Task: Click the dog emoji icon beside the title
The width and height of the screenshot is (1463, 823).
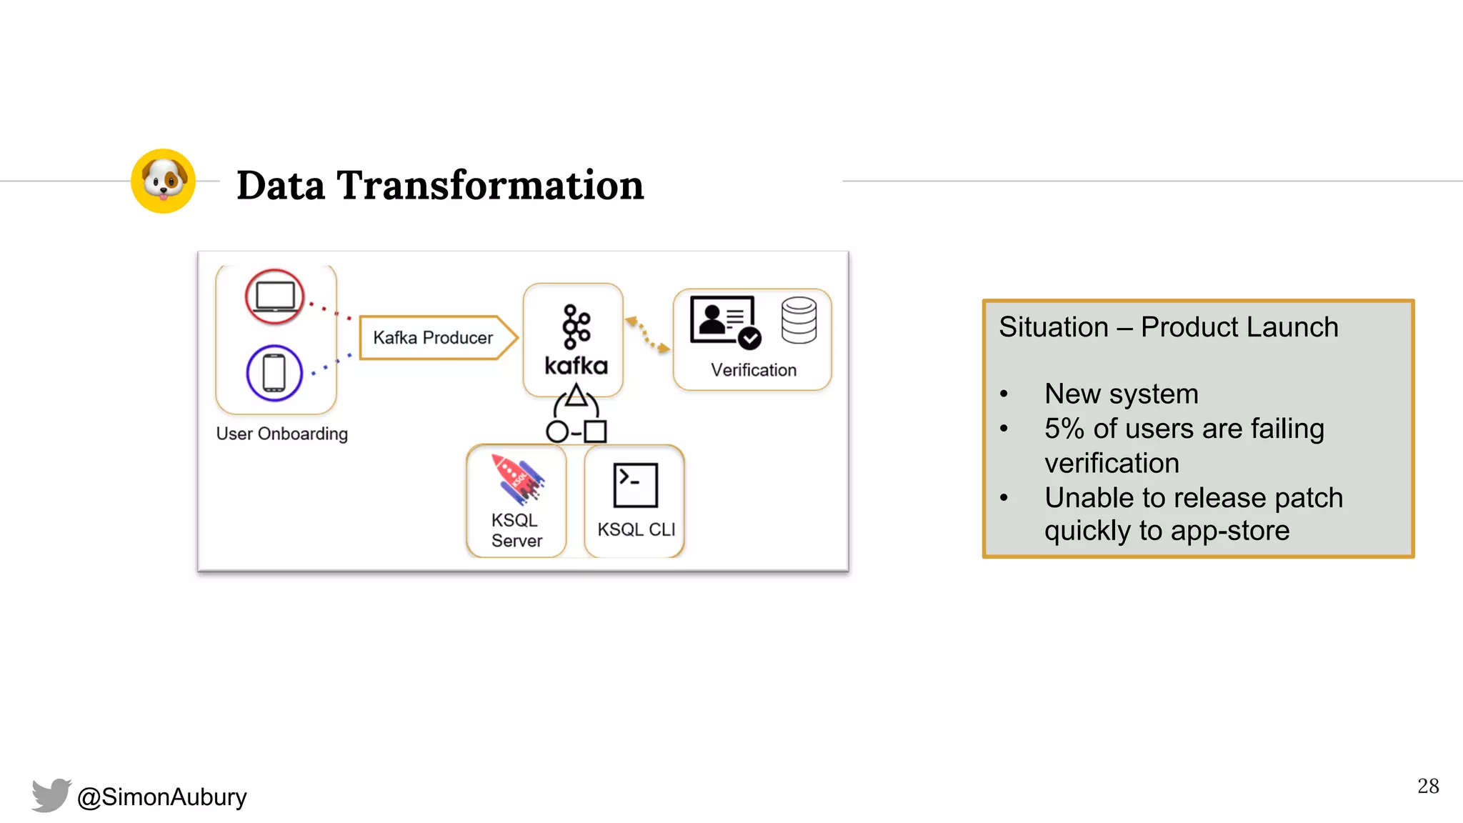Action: click(x=163, y=181)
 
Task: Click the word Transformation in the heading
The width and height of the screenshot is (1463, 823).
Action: click(x=490, y=185)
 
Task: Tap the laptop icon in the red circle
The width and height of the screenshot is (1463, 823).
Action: click(x=275, y=296)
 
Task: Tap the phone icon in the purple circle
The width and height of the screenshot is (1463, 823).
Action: click(x=274, y=373)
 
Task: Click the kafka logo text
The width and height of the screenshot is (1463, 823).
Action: click(x=576, y=366)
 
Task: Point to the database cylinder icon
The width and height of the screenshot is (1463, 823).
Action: click(x=799, y=320)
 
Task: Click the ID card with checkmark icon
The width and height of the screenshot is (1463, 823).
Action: click(x=724, y=321)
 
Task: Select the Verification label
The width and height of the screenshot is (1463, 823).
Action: click(x=753, y=370)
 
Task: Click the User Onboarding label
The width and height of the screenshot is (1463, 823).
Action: click(x=281, y=434)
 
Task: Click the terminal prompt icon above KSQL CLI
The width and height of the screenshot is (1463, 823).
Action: click(x=635, y=485)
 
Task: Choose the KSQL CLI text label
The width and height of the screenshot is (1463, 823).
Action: click(x=636, y=529)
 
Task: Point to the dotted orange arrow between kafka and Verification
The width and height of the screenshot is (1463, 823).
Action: click(x=648, y=334)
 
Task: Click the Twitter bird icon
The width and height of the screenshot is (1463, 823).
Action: click(x=51, y=795)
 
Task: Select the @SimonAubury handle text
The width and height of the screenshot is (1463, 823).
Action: click(x=162, y=797)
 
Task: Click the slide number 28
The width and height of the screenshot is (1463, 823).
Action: click(x=1427, y=786)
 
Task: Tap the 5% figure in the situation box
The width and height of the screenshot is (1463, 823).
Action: click(x=1064, y=429)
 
